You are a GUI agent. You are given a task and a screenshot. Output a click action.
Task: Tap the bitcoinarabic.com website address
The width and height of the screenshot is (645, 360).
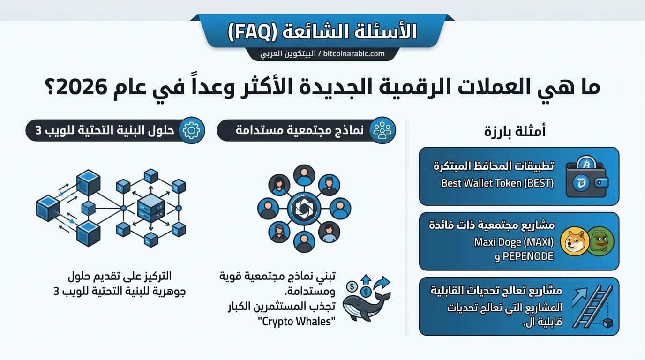[x=354, y=54]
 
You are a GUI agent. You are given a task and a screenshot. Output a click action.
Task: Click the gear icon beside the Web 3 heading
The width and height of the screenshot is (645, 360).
[x=191, y=131]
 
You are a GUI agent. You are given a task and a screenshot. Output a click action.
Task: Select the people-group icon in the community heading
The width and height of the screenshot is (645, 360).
[x=382, y=131]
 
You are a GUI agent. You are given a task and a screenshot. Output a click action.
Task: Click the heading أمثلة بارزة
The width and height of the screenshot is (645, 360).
[x=515, y=131]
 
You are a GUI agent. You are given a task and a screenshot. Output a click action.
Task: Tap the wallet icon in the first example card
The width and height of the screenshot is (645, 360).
[x=586, y=180]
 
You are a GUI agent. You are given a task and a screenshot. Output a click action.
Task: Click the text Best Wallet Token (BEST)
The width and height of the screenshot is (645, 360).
[x=497, y=183]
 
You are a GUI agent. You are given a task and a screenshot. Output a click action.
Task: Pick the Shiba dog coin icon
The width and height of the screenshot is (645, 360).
[x=574, y=241]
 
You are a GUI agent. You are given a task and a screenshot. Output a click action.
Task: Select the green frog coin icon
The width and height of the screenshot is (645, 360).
[x=600, y=240]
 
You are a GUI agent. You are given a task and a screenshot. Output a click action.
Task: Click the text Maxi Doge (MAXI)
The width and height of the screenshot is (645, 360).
[x=514, y=243]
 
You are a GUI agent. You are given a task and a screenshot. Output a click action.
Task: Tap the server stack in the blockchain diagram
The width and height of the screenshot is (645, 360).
[x=151, y=208]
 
